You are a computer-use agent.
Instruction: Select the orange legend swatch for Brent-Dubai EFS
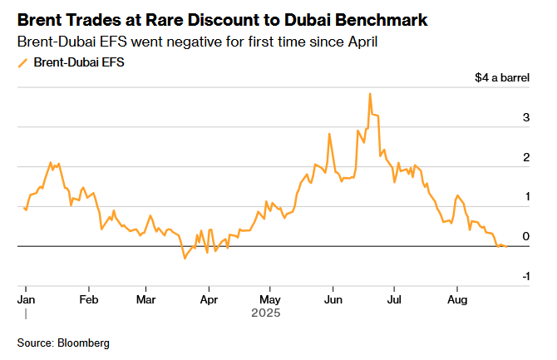pos(22,62)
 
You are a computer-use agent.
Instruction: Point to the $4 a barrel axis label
pos(502,78)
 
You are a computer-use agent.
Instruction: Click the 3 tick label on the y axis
pos(525,118)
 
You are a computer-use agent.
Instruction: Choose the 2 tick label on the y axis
pos(525,158)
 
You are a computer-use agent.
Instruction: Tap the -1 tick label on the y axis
pos(525,276)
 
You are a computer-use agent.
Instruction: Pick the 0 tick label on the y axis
pos(525,237)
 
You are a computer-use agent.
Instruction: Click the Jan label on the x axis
pos(26,298)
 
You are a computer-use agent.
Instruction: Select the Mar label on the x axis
pos(146,298)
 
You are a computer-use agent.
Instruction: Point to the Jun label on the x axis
pos(333,298)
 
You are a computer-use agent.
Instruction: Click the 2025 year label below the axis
pos(266,313)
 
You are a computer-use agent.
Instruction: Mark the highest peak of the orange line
pos(369,94)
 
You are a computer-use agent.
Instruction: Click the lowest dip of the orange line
pos(185,259)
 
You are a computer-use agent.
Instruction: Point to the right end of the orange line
pos(507,246)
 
